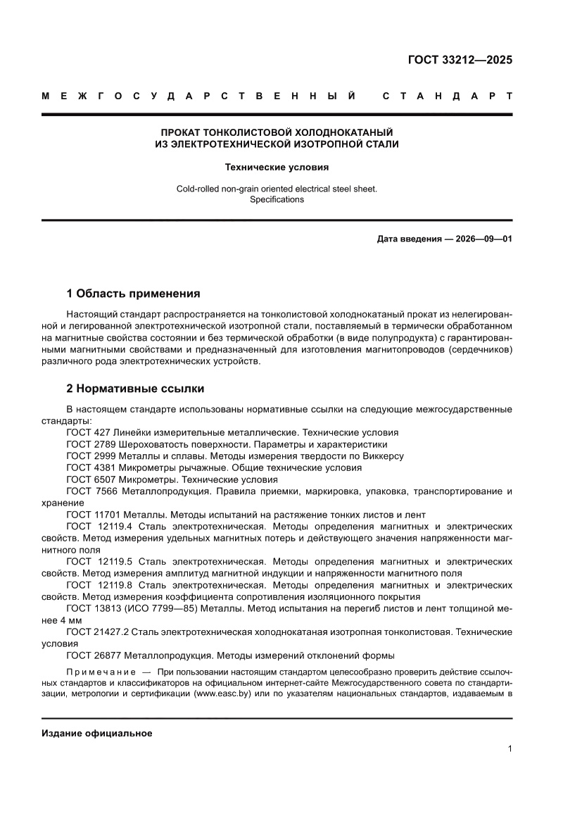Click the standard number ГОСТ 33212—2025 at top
coord(460,59)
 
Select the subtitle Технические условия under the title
coord(277,168)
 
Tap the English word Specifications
coord(277,199)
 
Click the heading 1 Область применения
coord(133,293)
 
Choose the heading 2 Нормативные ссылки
coord(135,388)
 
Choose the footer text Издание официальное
coord(97,733)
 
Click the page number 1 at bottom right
coord(510,749)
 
